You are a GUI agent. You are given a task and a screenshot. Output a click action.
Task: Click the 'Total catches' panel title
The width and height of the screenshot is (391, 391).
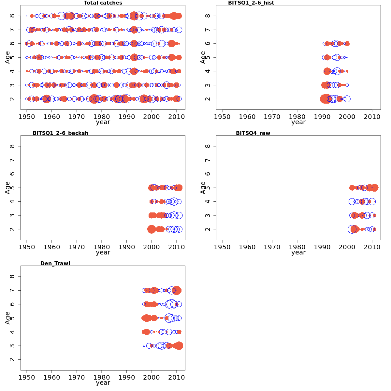[103, 3]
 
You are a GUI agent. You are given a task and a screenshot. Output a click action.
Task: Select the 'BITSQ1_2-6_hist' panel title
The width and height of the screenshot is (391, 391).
[251, 3]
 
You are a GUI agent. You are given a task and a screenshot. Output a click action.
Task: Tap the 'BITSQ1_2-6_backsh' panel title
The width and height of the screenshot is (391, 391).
[60, 133]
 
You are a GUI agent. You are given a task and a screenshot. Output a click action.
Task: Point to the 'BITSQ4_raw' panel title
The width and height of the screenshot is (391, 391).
[253, 133]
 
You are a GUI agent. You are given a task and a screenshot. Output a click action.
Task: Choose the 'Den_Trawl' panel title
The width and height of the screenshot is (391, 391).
[55, 263]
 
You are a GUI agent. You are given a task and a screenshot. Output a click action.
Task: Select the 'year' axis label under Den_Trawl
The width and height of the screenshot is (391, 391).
[103, 383]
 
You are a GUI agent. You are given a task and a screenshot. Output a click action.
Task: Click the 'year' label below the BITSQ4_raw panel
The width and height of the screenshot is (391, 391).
[298, 253]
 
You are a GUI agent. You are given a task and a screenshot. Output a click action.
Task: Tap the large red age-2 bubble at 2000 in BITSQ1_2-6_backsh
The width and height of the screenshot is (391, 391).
[152, 229]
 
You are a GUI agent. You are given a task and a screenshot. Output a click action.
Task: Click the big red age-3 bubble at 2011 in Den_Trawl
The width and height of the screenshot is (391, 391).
[179, 346]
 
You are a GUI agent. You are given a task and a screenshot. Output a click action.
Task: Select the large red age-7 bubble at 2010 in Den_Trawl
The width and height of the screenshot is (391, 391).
[177, 290]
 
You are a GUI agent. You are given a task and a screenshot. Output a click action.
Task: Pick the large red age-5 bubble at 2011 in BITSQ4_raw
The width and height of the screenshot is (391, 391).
[374, 188]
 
